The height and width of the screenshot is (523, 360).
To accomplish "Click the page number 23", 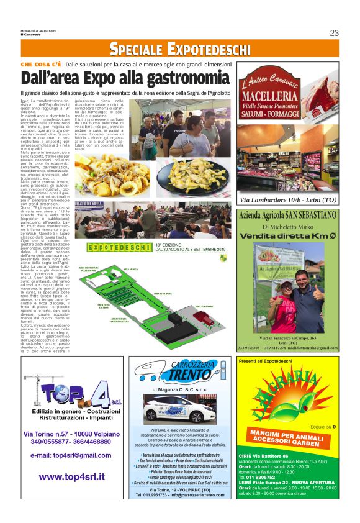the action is (x=334, y=33).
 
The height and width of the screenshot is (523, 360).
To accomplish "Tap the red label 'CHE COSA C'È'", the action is (x=41, y=64).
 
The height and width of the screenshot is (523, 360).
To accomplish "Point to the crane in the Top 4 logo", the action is (x=35, y=393).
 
